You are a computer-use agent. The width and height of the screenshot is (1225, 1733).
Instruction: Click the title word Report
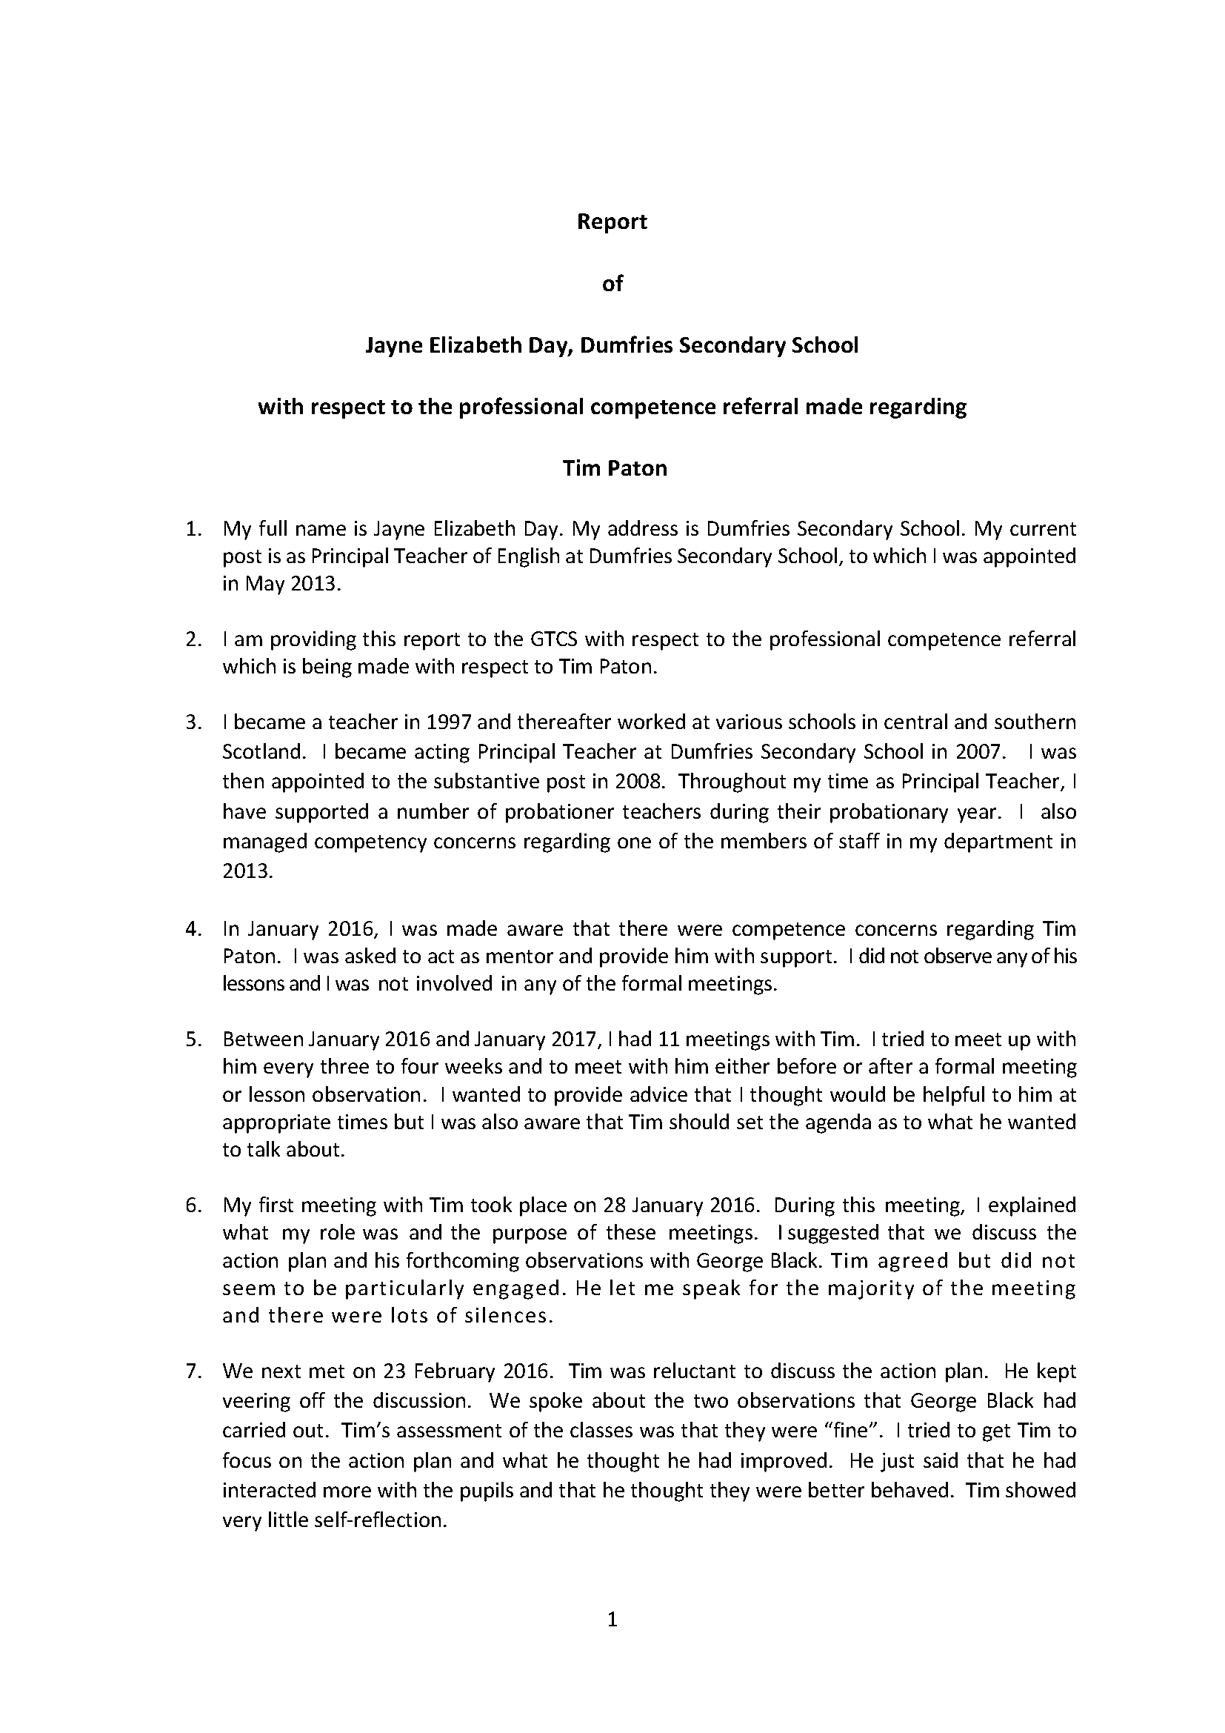[612, 222]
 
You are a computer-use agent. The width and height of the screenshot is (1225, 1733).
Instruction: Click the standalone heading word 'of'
[612, 284]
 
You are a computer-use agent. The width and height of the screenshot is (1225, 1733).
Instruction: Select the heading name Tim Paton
[614, 468]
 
